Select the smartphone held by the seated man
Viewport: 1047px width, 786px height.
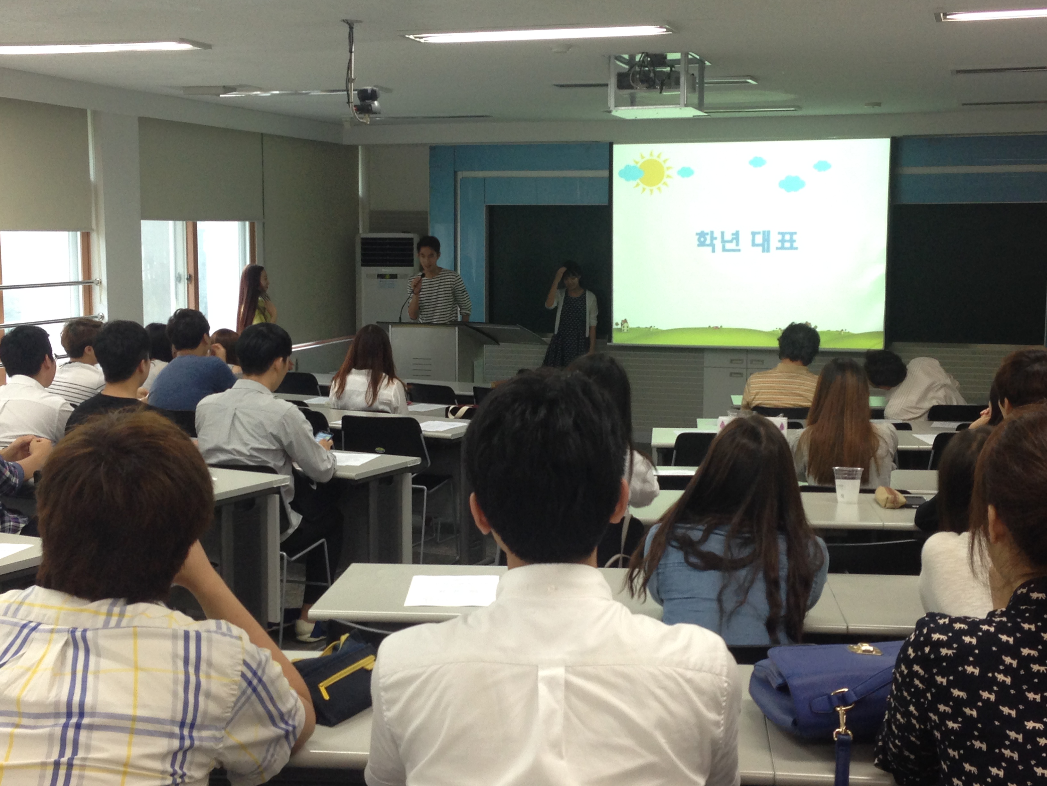point(323,436)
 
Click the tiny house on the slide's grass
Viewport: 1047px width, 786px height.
point(625,325)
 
